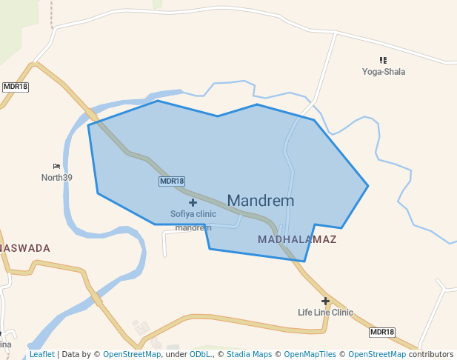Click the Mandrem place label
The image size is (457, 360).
pos(260,201)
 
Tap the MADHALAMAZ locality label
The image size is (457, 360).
pos(297,239)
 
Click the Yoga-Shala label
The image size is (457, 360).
pos(384,72)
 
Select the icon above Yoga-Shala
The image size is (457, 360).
pos(383,60)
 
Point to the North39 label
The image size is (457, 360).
pos(57,177)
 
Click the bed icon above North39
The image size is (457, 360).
pos(56,166)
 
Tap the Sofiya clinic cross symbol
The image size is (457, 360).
pos(193,202)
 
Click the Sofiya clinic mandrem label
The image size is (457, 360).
pos(193,220)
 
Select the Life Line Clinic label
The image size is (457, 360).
pos(325,313)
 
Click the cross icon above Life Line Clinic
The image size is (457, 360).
pos(325,301)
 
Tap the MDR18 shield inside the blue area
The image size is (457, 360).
pos(172,181)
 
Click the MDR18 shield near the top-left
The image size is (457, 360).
pos(15,87)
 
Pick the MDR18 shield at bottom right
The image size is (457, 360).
pos(382,333)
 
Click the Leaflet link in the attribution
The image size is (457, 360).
pos(42,354)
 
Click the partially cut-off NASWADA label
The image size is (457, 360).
pos(25,248)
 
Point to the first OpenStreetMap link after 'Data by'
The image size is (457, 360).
pos(132,354)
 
